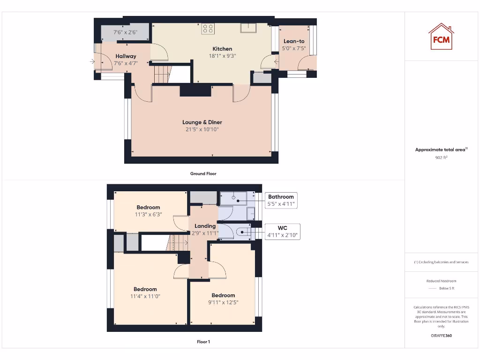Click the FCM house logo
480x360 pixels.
point(441,37)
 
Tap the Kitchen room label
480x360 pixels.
point(222,49)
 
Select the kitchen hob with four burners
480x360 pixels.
point(208,28)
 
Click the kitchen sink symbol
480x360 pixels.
point(248,28)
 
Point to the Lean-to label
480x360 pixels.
point(294,41)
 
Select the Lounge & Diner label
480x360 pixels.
point(202,122)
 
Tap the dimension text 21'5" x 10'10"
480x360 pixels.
point(202,129)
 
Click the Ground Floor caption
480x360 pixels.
point(203,173)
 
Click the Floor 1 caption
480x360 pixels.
point(203,342)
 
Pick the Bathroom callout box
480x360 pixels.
point(281,200)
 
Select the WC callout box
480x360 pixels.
point(282,231)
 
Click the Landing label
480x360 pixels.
point(205,226)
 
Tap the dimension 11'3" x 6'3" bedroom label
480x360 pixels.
point(148,214)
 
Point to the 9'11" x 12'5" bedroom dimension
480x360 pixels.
point(223,302)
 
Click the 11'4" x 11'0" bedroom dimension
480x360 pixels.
point(145,296)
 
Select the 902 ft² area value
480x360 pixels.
point(441,158)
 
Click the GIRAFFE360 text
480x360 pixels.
point(441,336)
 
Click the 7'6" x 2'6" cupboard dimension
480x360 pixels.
point(126,33)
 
